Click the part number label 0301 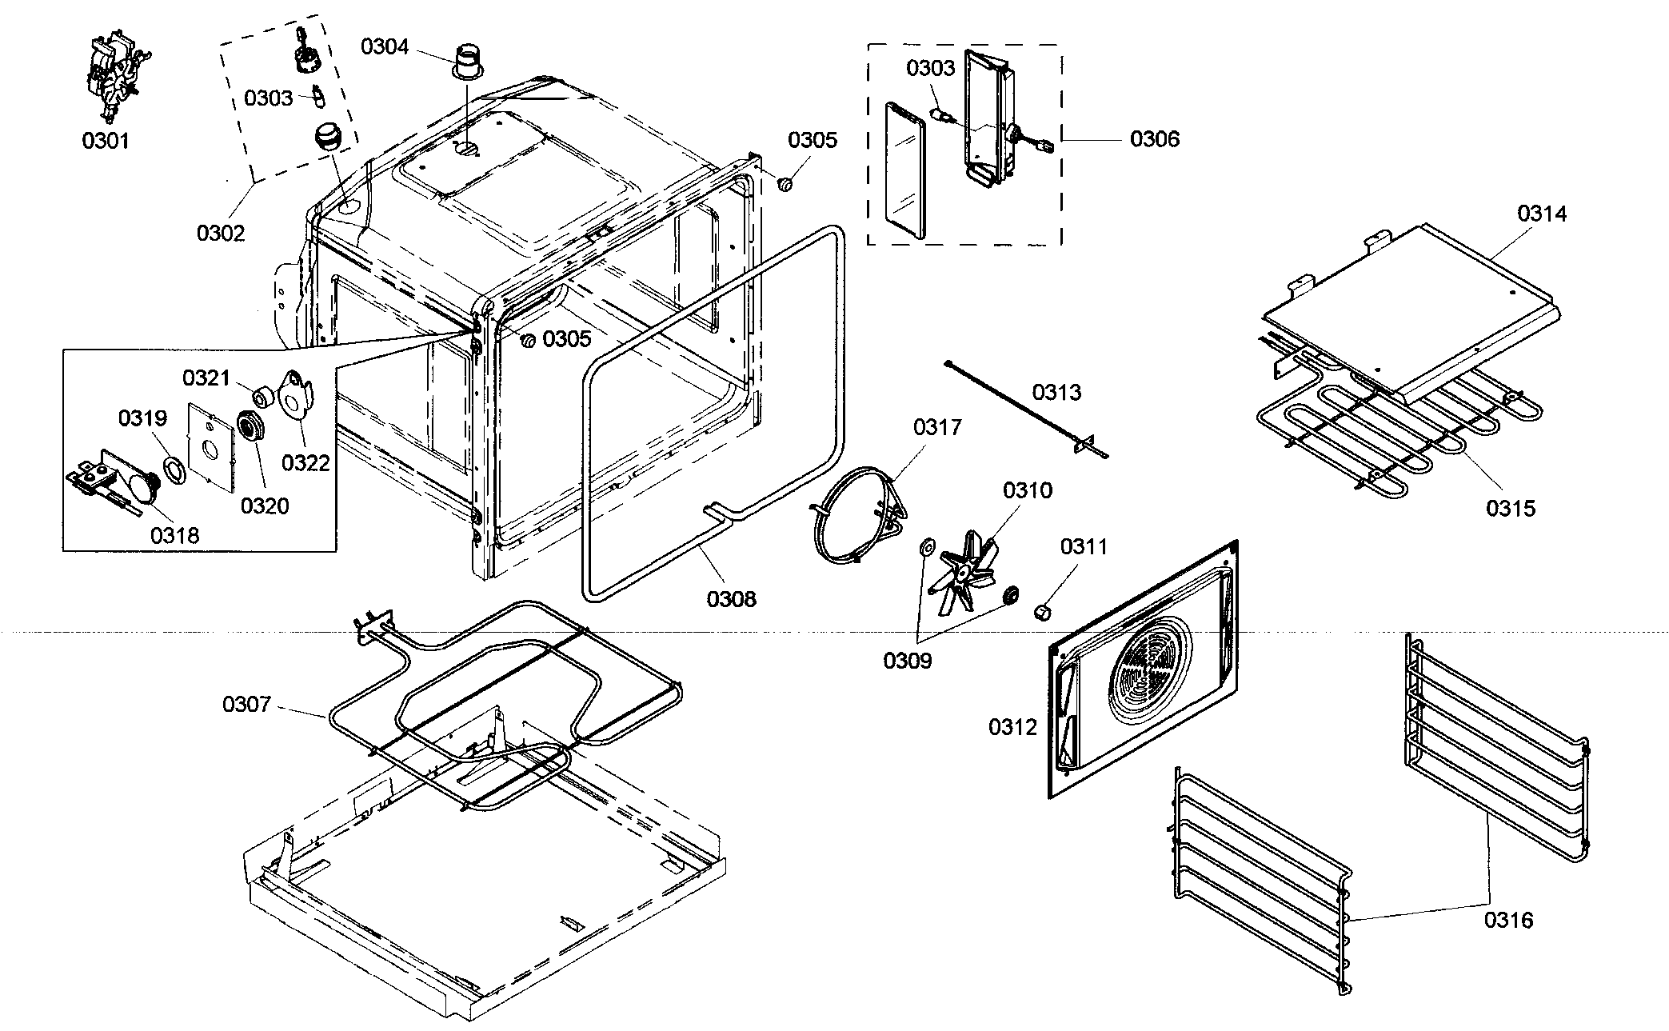pyautogui.click(x=106, y=141)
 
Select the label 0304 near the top pyautogui.click(x=385, y=47)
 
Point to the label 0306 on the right pyautogui.click(x=1154, y=139)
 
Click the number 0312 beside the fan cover pyautogui.click(x=1012, y=727)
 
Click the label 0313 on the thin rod pyautogui.click(x=1056, y=392)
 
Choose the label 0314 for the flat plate pyautogui.click(x=1543, y=214)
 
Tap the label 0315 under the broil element pyautogui.click(x=1511, y=508)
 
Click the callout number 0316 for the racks pyautogui.click(x=1509, y=920)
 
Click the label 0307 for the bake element pyautogui.click(x=246, y=705)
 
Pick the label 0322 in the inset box pyautogui.click(x=306, y=462)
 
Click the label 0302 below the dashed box pyautogui.click(x=221, y=233)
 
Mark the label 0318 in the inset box pyautogui.click(x=174, y=535)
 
